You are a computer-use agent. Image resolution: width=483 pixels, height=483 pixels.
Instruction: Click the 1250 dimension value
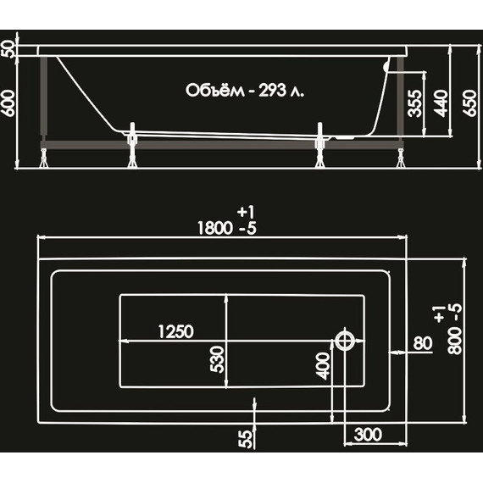pyautogui.click(x=175, y=330)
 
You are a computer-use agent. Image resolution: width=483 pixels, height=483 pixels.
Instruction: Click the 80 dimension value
pyautogui.click(x=422, y=344)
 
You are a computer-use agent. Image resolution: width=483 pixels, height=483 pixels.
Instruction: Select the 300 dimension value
pyautogui.click(x=365, y=435)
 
